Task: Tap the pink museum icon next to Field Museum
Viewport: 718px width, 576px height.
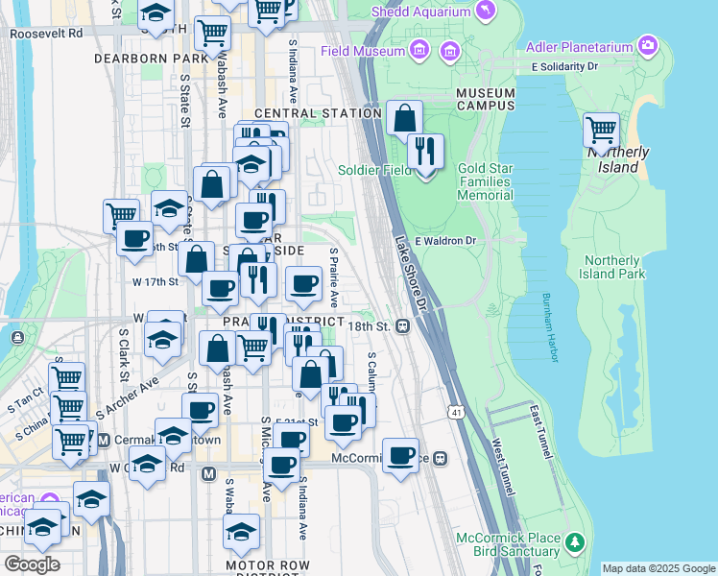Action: tap(419, 50)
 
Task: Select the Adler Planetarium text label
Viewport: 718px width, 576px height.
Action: tap(581, 46)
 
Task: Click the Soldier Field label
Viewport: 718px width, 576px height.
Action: tap(375, 170)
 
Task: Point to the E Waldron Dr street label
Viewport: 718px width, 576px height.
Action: tap(446, 241)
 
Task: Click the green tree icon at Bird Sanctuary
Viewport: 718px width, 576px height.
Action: tap(574, 543)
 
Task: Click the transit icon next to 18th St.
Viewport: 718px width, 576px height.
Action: tap(403, 326)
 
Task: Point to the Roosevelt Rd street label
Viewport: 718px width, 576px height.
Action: tap(46, 32)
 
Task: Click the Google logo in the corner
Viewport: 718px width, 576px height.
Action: tap(32, 564)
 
